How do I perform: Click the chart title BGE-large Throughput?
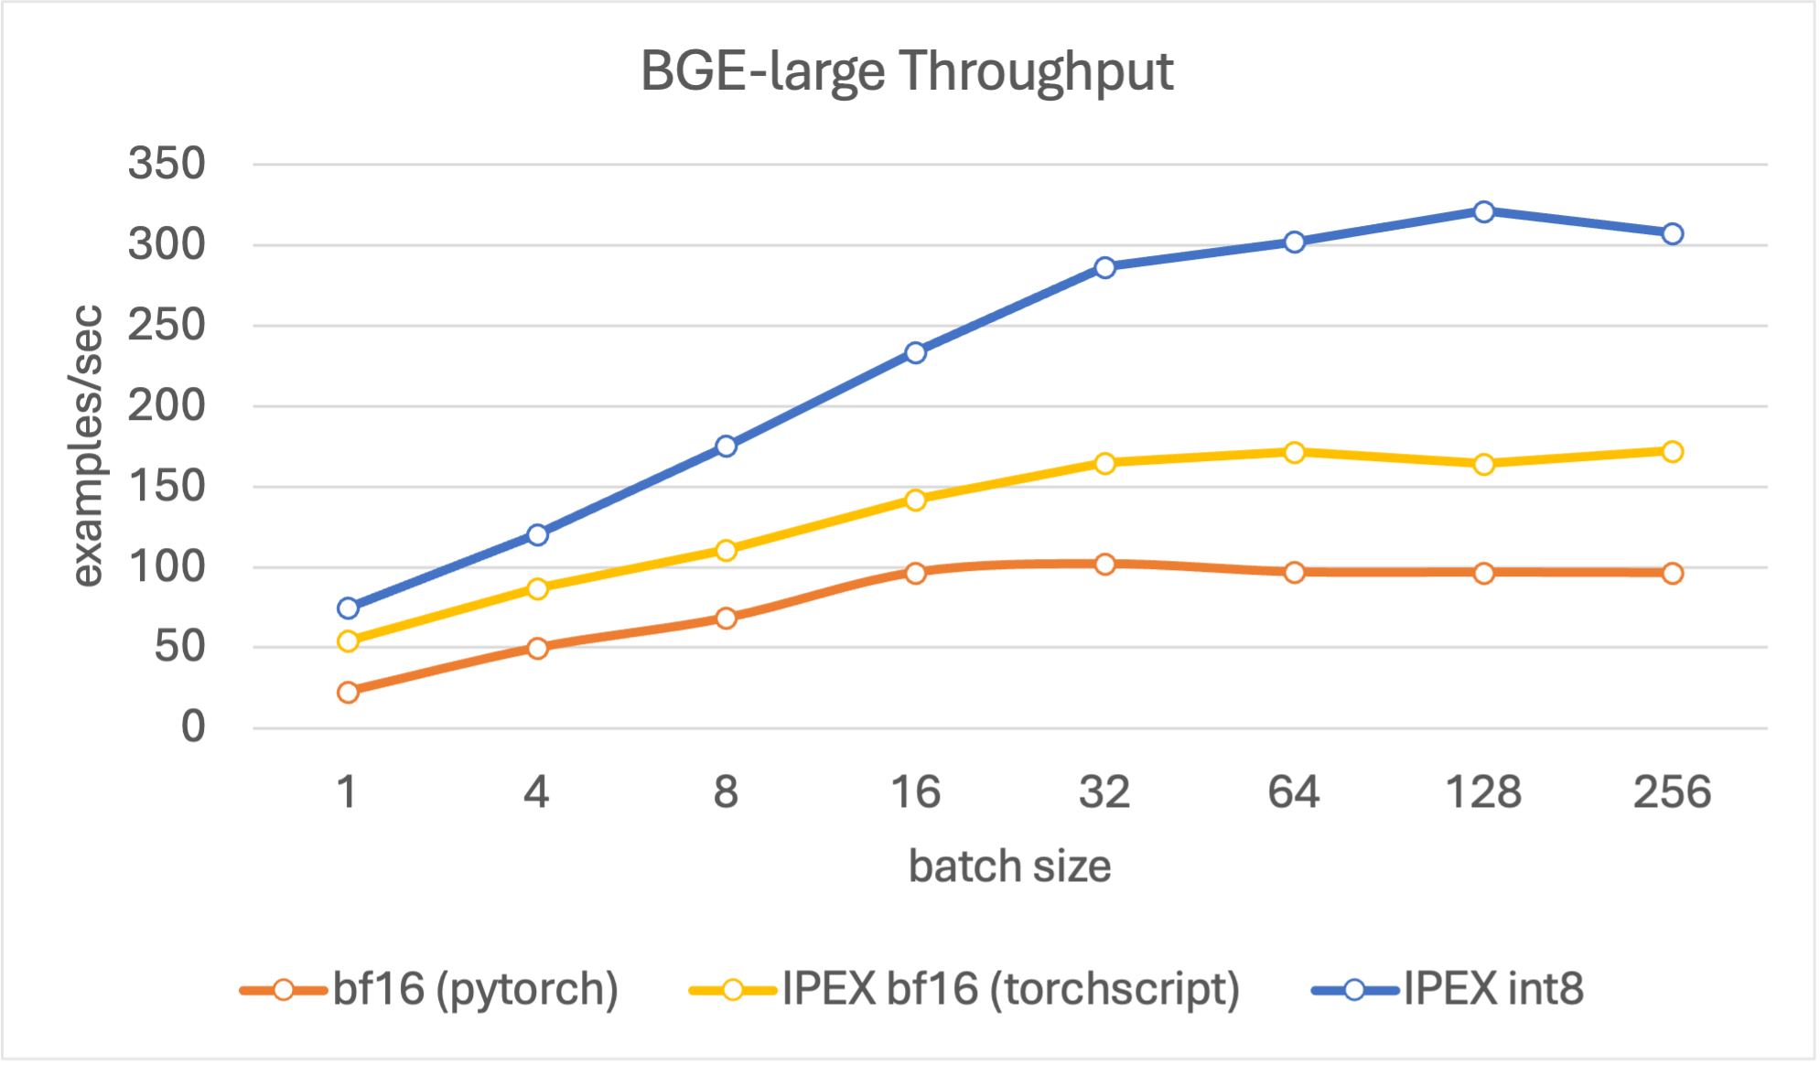906,71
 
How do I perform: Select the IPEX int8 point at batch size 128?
1483,211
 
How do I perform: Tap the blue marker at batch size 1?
348,608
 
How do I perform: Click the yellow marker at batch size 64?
1294,452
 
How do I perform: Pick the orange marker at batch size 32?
1104,564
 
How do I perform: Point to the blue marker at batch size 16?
915,352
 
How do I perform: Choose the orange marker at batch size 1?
348,692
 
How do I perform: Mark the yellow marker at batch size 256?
1672,451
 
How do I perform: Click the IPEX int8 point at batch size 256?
1672,233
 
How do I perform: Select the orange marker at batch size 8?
726,618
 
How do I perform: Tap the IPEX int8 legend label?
1493,989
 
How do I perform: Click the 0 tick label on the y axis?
193,727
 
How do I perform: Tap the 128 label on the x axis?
1483,791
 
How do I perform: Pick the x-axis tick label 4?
536,791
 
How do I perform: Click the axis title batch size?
1009,866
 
